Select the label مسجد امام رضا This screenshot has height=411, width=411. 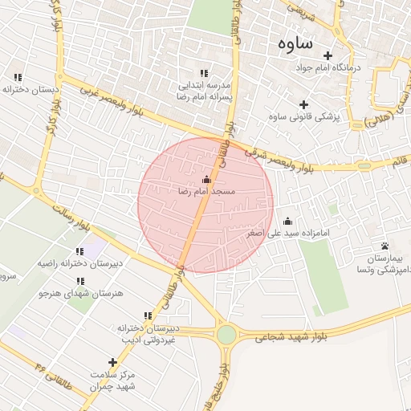pos(206,193)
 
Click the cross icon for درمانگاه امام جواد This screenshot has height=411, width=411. pos(328,55)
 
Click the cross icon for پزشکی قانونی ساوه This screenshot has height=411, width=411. pos(303,104)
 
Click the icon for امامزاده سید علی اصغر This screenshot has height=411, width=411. pos(287,221)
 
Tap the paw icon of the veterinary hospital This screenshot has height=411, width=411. pos(385,246)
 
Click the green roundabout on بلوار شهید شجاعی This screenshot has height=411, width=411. pos(227,334)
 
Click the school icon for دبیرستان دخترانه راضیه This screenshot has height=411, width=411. pos(79,251)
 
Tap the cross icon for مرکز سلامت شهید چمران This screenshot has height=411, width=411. pos(112,363)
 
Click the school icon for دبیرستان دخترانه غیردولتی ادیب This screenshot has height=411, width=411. pos(147,316)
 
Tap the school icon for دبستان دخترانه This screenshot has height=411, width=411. pos(18,77)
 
